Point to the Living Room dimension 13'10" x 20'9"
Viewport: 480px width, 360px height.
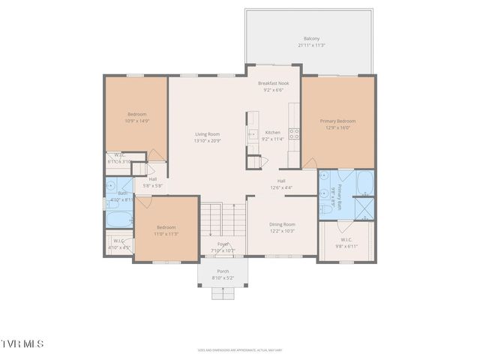(x=208, y=141)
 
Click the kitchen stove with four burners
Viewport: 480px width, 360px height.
(x=295, y=135)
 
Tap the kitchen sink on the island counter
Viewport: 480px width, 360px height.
(x=253, y=135)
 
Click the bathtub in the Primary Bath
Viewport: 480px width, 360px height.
(x=364, y=183)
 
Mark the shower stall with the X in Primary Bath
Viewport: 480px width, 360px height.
(x=365, y=207)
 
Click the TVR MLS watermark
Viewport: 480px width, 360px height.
(x=22, y=343)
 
